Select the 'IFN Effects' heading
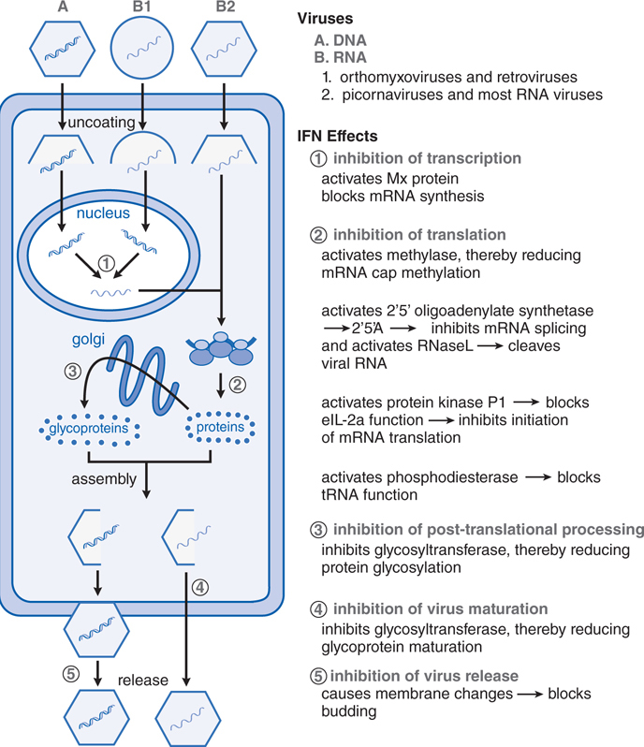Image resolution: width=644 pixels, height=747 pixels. pyautogui.click(x=336, y=136)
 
